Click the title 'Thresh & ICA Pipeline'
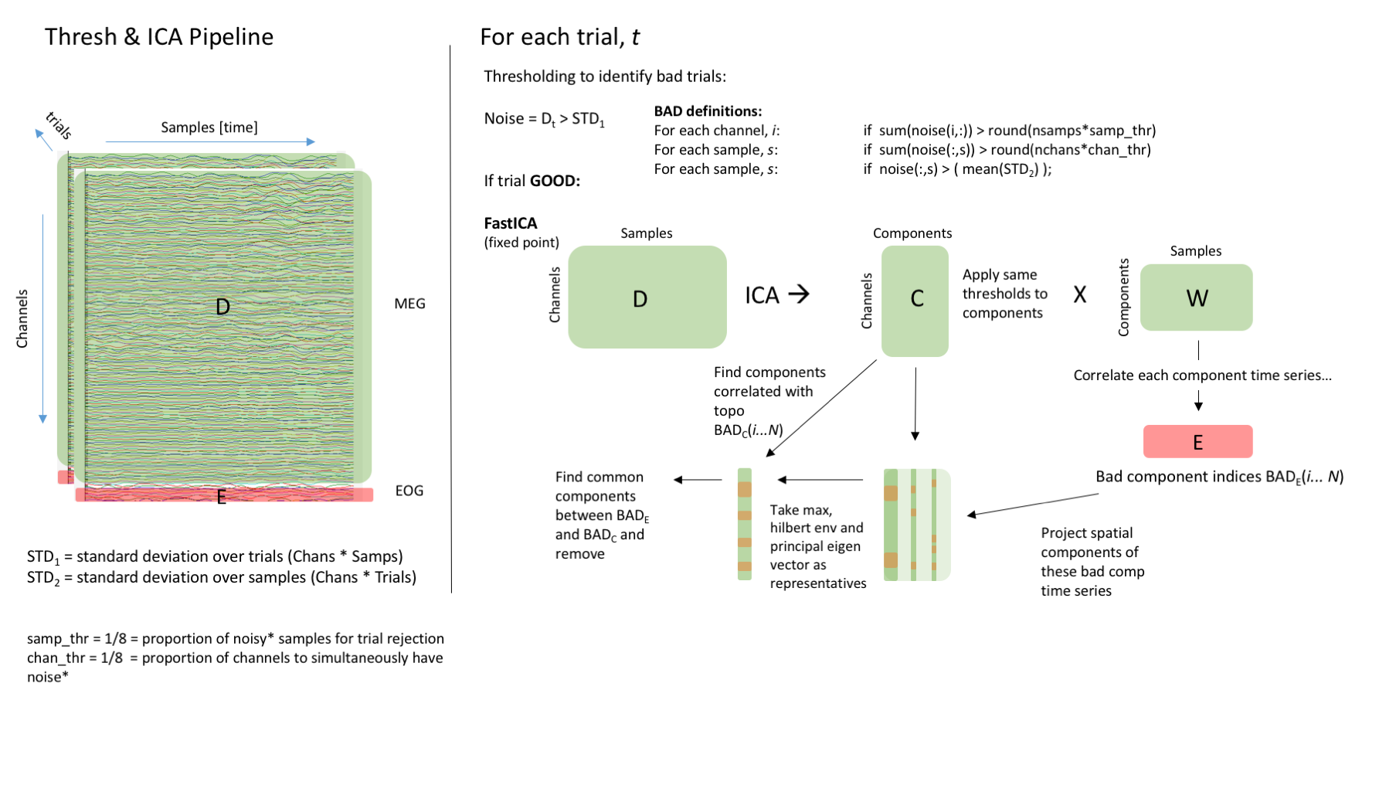159,37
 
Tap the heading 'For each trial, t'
559,37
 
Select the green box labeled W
1196,297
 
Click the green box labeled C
915,301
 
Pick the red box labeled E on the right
1197,442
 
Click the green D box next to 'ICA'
647,297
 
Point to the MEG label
409,304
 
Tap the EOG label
409,491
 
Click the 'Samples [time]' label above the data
209,127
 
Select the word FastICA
510,223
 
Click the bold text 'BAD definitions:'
708,111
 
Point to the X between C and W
1079,294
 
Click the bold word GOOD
554,181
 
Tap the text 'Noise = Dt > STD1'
544,119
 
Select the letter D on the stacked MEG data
222,307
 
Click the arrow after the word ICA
799,294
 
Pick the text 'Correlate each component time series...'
1202,376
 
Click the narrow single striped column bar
744,524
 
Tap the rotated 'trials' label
59,125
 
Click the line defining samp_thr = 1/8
235,639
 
